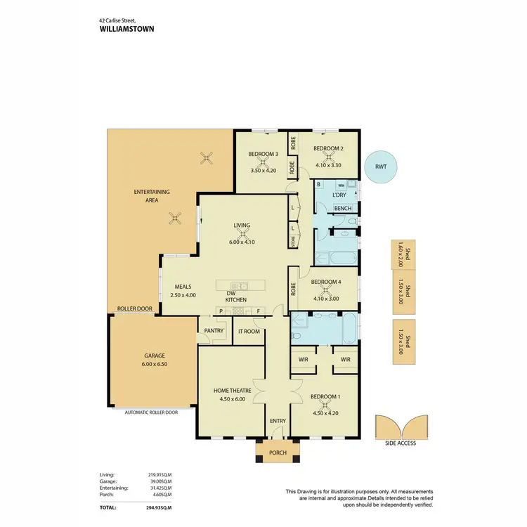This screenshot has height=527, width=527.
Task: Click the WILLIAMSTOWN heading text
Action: pyautogui.click(x=127, y=30)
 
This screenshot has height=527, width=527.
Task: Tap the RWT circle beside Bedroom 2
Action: pyautogui.click(x=380, y=167)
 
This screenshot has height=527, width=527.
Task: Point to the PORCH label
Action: pyautogui.click(x=278, y=453)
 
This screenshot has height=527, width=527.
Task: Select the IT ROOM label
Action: pyautogui.click(x=249, y=331)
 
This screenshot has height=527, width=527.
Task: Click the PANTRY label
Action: pyautogui.click(x=214, y=331)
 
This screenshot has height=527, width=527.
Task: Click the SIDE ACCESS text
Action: pyautogui.click(x=401, y=443)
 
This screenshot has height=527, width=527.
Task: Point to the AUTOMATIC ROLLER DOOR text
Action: pyautogui.click(x=151, y=412)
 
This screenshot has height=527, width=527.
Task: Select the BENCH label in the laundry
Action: pyautogui.click(x=343, y=209)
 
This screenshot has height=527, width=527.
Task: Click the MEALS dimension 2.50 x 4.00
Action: pyautogui.click(x=183, y=295)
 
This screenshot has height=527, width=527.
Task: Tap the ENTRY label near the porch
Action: pyautogui.click(x=278, y=422)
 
